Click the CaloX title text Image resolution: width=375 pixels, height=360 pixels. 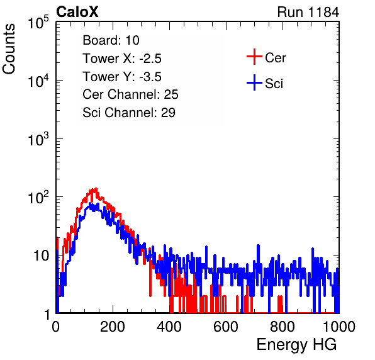(77, 12)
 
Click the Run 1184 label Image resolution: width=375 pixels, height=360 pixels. (308, 12)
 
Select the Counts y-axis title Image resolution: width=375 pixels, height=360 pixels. (9, 49)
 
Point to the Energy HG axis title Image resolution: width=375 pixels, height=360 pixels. (296, 344)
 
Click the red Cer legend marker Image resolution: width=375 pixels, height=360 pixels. (254, 57)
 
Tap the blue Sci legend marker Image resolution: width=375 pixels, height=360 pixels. (254, 82)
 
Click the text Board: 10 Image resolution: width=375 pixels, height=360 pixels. (111, 40)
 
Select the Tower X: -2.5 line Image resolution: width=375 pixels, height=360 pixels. (122, 59)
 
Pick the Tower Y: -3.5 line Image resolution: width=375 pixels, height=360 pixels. (122, 77)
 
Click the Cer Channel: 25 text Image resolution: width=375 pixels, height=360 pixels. (130, 94)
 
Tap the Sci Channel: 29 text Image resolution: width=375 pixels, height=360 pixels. (129, 113)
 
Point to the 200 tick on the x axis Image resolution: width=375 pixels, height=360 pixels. (113, 327)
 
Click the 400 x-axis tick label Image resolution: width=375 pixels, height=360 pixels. (169, 327)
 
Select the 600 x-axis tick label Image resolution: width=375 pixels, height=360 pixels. (226, 327)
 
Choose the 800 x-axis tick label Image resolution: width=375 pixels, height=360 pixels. (283, 327)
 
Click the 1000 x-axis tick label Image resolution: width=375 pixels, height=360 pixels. (339, 327)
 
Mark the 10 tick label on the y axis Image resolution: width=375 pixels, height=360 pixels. (41, 256)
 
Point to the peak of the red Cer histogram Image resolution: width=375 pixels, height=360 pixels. (96, 188)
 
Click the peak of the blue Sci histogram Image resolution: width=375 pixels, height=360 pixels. (90, 203)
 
